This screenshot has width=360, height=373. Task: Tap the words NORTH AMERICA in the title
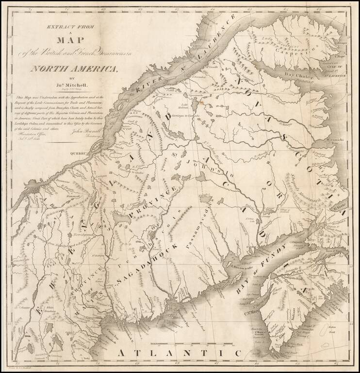click(x=74, y=68)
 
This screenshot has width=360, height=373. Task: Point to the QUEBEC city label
click(x=78, y=153)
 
